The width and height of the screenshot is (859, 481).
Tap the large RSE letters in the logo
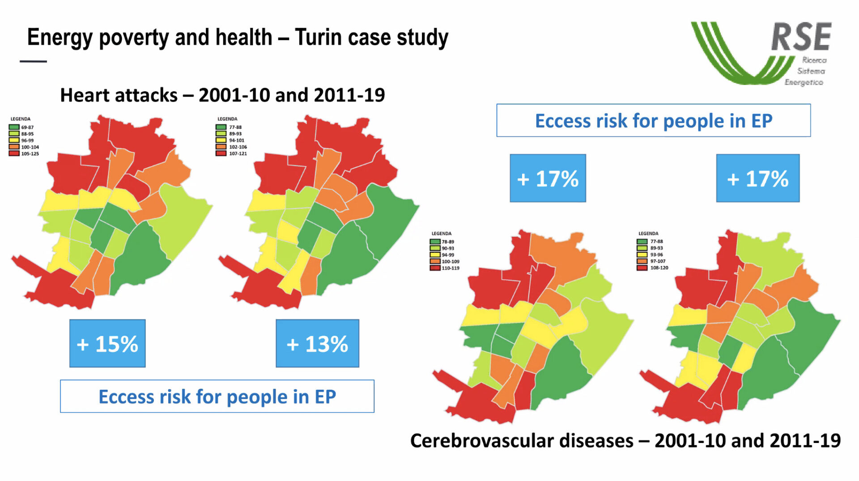(x=801, y=37)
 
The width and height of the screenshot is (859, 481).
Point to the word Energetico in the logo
(x=804, y=82)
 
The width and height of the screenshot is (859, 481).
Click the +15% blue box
(x=107, y=344)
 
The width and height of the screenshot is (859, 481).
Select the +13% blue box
(x=317, y=344)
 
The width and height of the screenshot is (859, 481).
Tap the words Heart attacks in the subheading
(x=119, y=95)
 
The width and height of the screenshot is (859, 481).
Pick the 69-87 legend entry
(x=21, y=128)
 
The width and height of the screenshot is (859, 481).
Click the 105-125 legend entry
(x=24, y=153)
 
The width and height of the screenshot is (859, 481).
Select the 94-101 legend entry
(x=230, y=140)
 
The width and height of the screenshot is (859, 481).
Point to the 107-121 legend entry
(x=231, y=153)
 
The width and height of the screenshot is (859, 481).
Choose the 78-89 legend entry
(x=442, y=242)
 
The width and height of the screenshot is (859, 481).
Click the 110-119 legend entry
(x=445, y=268)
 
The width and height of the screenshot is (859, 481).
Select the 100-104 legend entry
(x=24, y=147)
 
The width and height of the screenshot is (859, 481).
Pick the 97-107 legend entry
(x=651, y=261)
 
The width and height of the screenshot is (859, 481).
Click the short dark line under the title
(x=33, y=61)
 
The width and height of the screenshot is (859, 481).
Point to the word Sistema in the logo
(x=811, y=71)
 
